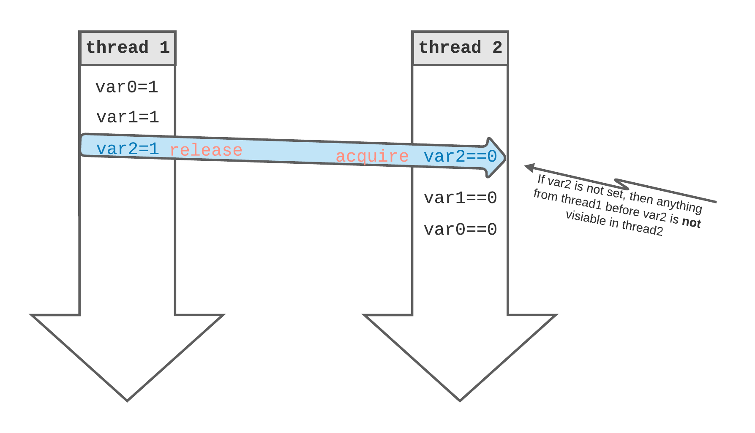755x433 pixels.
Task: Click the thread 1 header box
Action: pyautogui.click(x=127, y=48)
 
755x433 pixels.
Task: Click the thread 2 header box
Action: pyautogui.click(x=460, y=48)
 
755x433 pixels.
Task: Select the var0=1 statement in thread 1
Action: pyautogui.click(x=127, y=87)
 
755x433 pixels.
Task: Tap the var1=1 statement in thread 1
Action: pyautogui.click(x=128, y=117)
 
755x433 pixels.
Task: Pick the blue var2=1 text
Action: pyautogui.click(x=128, y=149)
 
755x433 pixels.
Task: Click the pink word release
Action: pyautogui.click(x=206, y=150)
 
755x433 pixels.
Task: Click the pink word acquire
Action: pyautogui.click(x=372, y=156)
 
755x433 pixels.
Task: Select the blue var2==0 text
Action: pyautogui.click(x=460, y=157)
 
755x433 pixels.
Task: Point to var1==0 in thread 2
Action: pyautogui.click(x=460, y=198)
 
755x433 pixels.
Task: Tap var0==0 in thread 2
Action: pyautogui.click(x=460, y=230)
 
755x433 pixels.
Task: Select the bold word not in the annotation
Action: pyautogui.click(x=691, y=222)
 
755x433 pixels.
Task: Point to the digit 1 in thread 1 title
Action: pyautogui.click(x=165, y=48)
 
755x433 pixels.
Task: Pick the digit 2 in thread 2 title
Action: pyautogui.click(x=497, y=48)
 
